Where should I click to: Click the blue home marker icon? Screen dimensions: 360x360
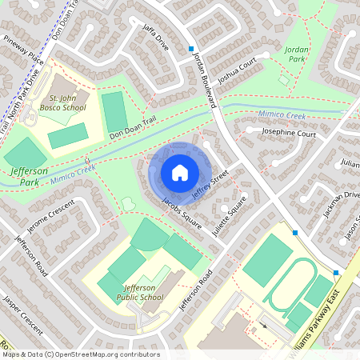pyautogui.click(x=180, y=172)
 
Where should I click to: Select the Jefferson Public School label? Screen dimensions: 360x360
pyautogui.click(x=143, y=292)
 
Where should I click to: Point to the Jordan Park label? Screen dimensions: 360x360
pyautogui.click(x=296, y=54)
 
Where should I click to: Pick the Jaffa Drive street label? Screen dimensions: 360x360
pyautogui.click(x=153, y=39)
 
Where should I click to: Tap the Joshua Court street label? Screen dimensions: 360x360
pyautogui.click(x=237, y=74)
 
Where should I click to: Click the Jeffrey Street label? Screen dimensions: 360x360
pyautogui.click(x=210, y=183)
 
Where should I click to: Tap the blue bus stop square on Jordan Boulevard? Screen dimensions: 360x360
pyautogui.click(x=190, y=49)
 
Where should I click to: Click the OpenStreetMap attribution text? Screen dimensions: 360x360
pyautogui.click(x=81, y=354)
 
